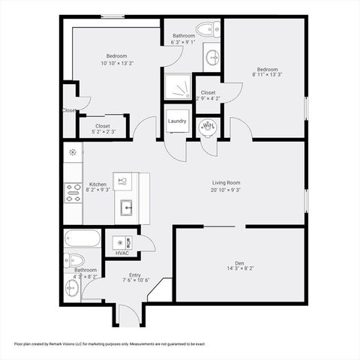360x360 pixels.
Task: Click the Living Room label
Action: pos(226,182)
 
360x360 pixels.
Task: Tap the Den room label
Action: pos(240,262)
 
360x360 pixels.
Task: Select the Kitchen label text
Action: pos(98,184)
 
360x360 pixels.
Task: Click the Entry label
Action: pos(134,275)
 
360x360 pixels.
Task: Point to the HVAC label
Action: pos(122,253)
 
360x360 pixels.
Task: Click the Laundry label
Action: pos(177,120)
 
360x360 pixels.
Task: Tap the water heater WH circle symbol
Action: pos(208,127)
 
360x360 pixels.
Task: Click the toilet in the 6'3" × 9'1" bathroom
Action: pos(205,30)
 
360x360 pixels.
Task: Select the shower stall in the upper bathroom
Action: pos(178,88)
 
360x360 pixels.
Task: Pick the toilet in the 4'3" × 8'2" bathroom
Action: pos(73,259)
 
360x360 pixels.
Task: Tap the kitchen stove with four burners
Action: pos(73,193)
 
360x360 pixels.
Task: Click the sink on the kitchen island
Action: pos(125,207)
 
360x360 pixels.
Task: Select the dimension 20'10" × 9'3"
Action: pos(226,189)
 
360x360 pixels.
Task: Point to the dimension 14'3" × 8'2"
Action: pos(240,268)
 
